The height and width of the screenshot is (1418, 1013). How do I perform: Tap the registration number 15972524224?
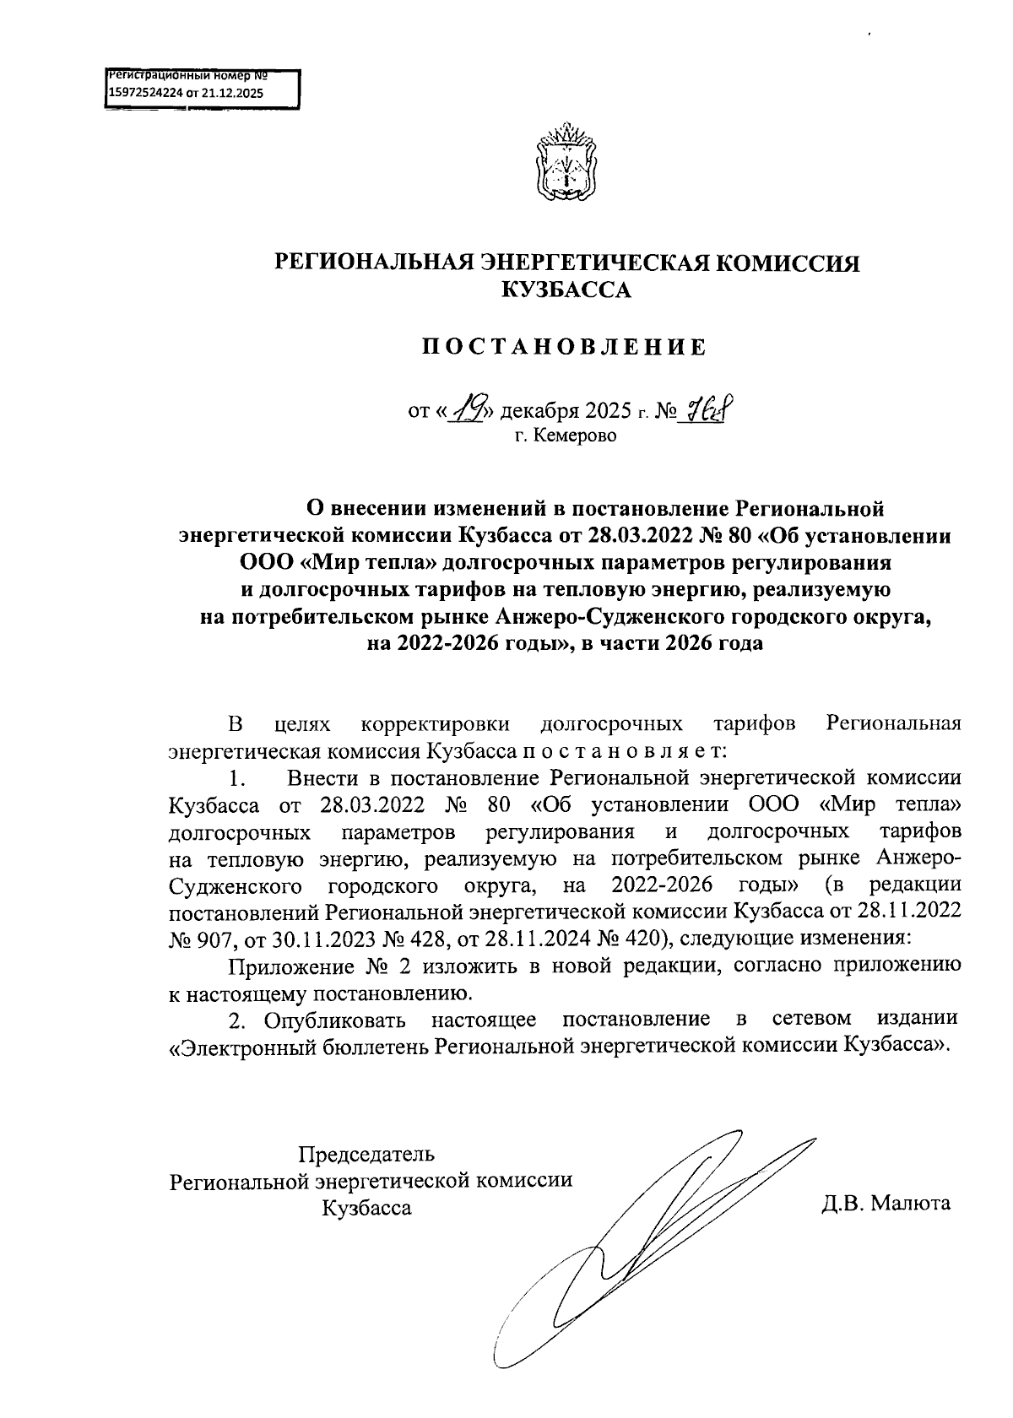click(144, 93)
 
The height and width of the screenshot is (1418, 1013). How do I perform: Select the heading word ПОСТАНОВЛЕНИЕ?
click(563, 347)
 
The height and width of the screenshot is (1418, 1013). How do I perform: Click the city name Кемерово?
click(577, 436)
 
